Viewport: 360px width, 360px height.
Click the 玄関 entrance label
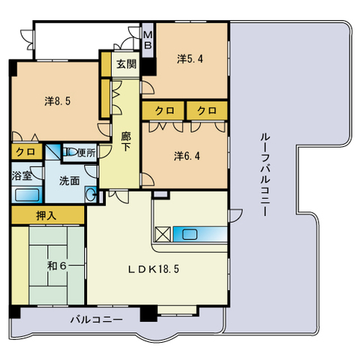tap(127, 64)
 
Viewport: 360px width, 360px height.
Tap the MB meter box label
tap(148, 40)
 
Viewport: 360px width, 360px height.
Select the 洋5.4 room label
tap(190, 59)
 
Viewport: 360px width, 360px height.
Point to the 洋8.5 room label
tap(58, 101)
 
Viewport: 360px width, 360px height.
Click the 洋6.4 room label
tap(187, 156)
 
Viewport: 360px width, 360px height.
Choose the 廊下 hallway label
tap(126, 142)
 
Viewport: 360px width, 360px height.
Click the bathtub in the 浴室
tap(27, 195)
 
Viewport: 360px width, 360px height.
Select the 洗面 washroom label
tap(69, 181)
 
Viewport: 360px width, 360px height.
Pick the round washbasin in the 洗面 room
tap(90, 194)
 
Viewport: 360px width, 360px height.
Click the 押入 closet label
tap(46, 215)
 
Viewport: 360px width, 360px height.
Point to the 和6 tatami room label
tap(57, 265)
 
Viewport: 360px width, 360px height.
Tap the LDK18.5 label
tap(154, 269)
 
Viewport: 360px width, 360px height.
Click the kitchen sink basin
tap(190, 235)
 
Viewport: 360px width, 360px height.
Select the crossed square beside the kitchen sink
tap(163, 235)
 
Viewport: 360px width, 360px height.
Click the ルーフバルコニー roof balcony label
tap(265, 174)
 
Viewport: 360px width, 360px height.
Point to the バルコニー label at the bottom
tap(97, 319)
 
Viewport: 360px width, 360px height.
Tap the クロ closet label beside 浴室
tap(25, 151)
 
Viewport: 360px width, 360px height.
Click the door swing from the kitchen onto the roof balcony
tap(235, 215)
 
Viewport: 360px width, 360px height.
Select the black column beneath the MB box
tap(148, 66)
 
